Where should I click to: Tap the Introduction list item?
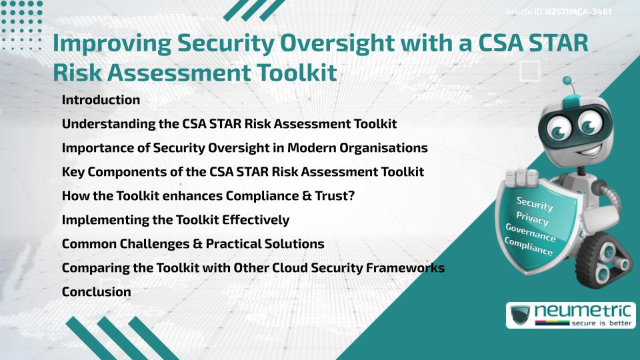101,100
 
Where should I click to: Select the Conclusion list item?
96,291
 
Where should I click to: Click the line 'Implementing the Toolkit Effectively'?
175,219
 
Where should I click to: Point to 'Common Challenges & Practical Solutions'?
193,243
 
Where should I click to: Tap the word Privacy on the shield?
532,219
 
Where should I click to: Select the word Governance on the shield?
530,233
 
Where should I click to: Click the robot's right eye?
589,123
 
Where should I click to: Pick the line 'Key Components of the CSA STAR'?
243,171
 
